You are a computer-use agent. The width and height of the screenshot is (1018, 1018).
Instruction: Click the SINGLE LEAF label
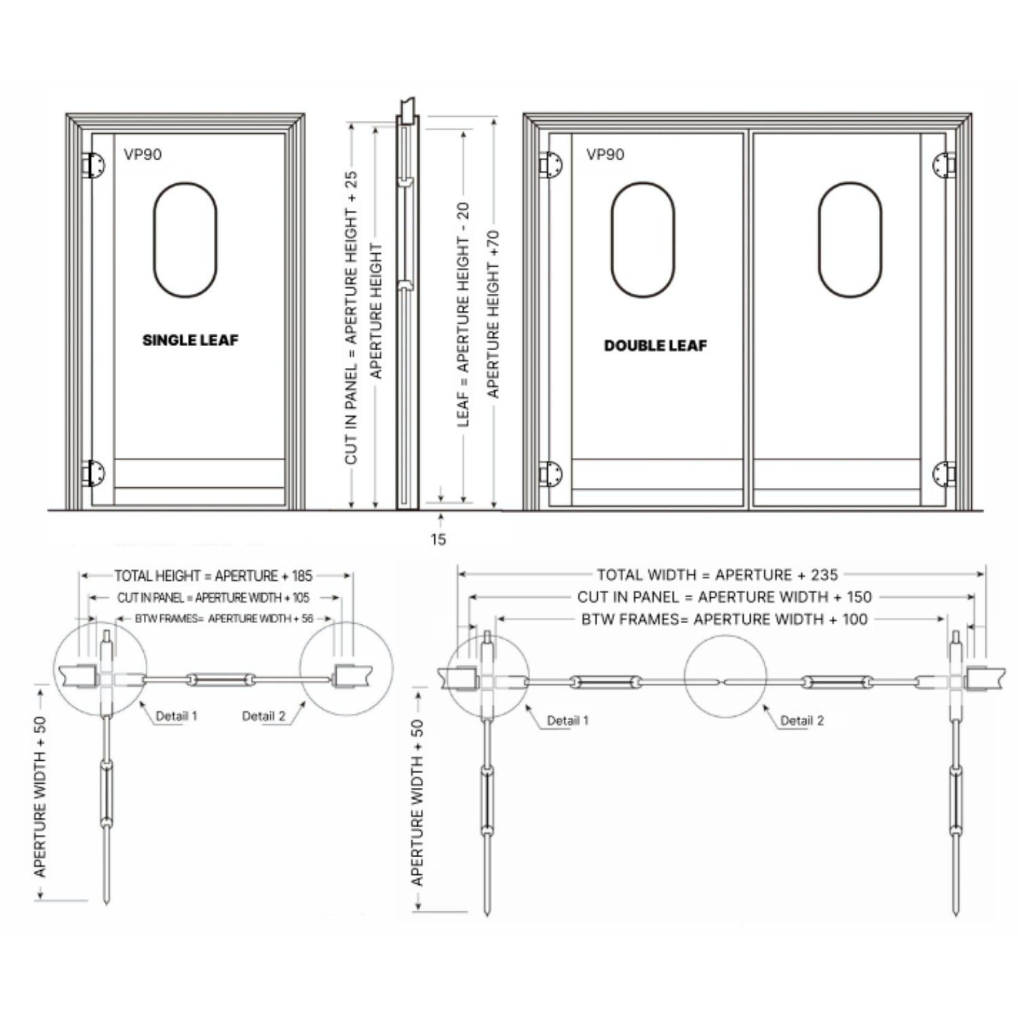(x=191, y=340)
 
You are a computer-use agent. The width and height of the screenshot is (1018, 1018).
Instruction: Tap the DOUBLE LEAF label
(x=656, y=345)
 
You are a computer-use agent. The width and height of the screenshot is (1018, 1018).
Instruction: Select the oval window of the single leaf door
(x=155, y=240)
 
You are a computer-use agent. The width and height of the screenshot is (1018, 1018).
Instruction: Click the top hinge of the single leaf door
(x=92, y=165)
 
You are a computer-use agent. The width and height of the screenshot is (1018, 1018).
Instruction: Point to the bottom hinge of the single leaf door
(x=92, y=474)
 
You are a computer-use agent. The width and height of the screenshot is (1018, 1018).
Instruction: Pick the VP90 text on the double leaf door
(x=605, y=155)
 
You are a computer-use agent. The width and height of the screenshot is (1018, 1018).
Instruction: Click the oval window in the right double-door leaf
(x=820, y=240)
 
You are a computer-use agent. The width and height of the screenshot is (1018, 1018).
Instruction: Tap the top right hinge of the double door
(x=944, y=165)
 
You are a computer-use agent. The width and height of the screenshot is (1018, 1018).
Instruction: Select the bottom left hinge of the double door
(x=550, y=474)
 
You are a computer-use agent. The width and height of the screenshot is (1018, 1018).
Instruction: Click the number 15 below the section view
(x=438, y=540)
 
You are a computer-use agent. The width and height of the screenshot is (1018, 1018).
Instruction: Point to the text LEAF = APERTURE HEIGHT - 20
(x=464, y=314)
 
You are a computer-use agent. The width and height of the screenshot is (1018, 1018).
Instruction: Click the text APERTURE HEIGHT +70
(x=493, y=314)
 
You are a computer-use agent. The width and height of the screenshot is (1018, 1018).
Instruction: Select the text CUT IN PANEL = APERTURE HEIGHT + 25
(x=351, y=318)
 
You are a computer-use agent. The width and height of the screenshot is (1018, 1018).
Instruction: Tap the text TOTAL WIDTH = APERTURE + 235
(x=717, y=575)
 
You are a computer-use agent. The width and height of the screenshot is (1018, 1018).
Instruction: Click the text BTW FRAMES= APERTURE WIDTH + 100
(x=724, y=619)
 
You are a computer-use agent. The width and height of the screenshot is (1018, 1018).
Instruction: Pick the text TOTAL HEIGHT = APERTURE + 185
(x=213, y=576)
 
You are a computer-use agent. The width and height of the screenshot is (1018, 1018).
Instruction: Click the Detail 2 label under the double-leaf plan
(x=802, y=721)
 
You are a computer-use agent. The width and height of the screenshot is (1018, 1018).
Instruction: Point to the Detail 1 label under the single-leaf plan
(x=176, y=716)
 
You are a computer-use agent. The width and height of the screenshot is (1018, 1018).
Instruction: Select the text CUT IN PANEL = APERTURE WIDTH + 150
(x=724, y=597)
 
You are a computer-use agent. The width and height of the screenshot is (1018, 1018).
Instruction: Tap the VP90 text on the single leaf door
(x=143, y=155)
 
